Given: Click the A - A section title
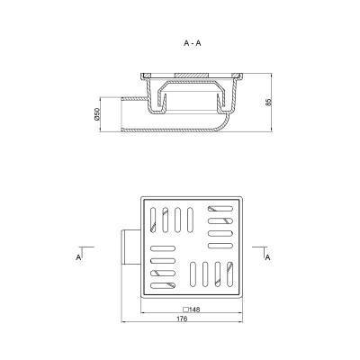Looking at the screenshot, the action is pos(193,43).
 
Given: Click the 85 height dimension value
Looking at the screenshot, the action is pos(268,102).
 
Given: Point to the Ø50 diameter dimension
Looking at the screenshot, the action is pos(96,114).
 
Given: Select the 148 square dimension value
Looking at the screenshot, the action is pos(194,310).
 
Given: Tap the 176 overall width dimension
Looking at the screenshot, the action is pos(182,319).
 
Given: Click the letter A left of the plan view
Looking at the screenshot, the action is pos(78,257).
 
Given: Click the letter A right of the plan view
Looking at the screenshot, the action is pos(268,257).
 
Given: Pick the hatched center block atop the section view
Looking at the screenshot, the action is pos(192,75).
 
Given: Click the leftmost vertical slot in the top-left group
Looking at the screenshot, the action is pos(153,220).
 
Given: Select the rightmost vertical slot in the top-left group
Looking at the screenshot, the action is pos(190,220).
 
